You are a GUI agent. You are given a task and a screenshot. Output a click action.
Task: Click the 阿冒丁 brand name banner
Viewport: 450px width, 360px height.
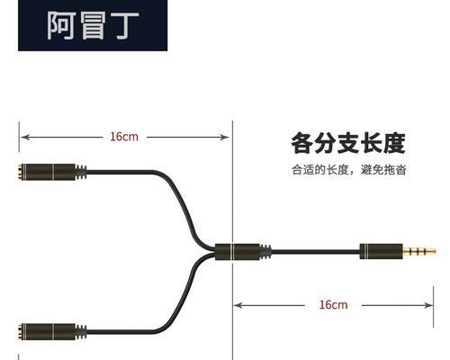93,25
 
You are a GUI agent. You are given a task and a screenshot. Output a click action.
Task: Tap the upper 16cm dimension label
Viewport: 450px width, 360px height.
124,137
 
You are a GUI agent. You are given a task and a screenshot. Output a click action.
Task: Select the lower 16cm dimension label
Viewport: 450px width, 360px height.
333,305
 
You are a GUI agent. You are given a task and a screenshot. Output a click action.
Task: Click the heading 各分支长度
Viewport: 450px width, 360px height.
348,143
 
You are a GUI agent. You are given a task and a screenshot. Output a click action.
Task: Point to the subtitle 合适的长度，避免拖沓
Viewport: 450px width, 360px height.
349,170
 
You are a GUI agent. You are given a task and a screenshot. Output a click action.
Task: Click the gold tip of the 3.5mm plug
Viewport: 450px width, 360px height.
419,251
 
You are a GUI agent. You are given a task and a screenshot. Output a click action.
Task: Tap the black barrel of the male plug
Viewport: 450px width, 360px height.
381,251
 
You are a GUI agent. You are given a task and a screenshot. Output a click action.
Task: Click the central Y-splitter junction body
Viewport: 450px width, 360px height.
238,252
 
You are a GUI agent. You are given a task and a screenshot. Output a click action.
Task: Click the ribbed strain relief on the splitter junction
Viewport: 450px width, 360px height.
265,252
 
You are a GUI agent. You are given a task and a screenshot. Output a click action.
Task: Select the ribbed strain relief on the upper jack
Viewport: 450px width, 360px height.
81,172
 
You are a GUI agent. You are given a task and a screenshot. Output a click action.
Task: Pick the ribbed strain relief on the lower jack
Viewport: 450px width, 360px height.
81,332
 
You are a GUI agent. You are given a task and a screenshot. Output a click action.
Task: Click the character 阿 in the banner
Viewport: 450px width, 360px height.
61,25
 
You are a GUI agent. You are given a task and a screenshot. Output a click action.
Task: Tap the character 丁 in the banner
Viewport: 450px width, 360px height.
126,25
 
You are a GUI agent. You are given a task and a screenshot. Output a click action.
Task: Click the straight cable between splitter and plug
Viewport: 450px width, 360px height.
316,252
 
